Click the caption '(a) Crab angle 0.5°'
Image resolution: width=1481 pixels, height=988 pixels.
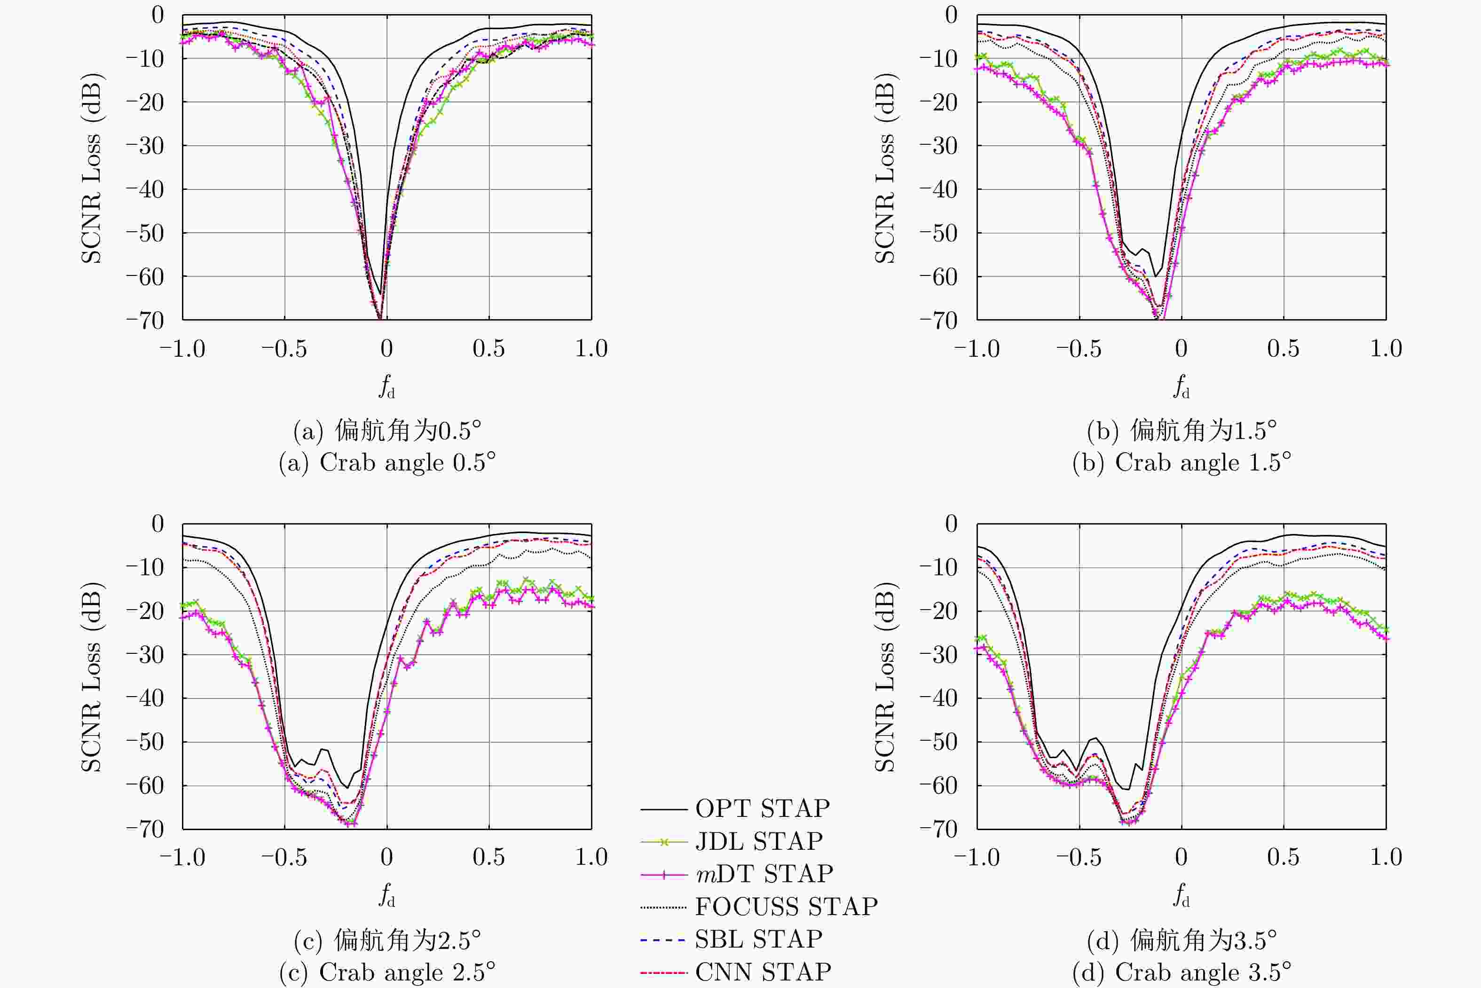[387, 463]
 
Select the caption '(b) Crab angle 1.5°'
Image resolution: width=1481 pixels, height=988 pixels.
[1182, 463]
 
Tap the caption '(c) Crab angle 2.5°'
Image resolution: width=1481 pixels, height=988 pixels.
[387, 972]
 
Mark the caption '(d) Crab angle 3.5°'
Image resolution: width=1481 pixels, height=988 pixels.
[1182, 972]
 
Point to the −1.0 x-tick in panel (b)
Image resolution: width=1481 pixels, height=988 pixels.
[977, 348]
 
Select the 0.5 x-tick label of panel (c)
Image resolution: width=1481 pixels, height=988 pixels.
[488, 857]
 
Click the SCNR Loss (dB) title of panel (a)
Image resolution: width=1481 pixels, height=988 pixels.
[91, 168]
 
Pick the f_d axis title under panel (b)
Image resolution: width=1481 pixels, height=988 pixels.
[1182, 385]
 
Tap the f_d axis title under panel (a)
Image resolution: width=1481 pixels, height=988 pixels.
[387, 385]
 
